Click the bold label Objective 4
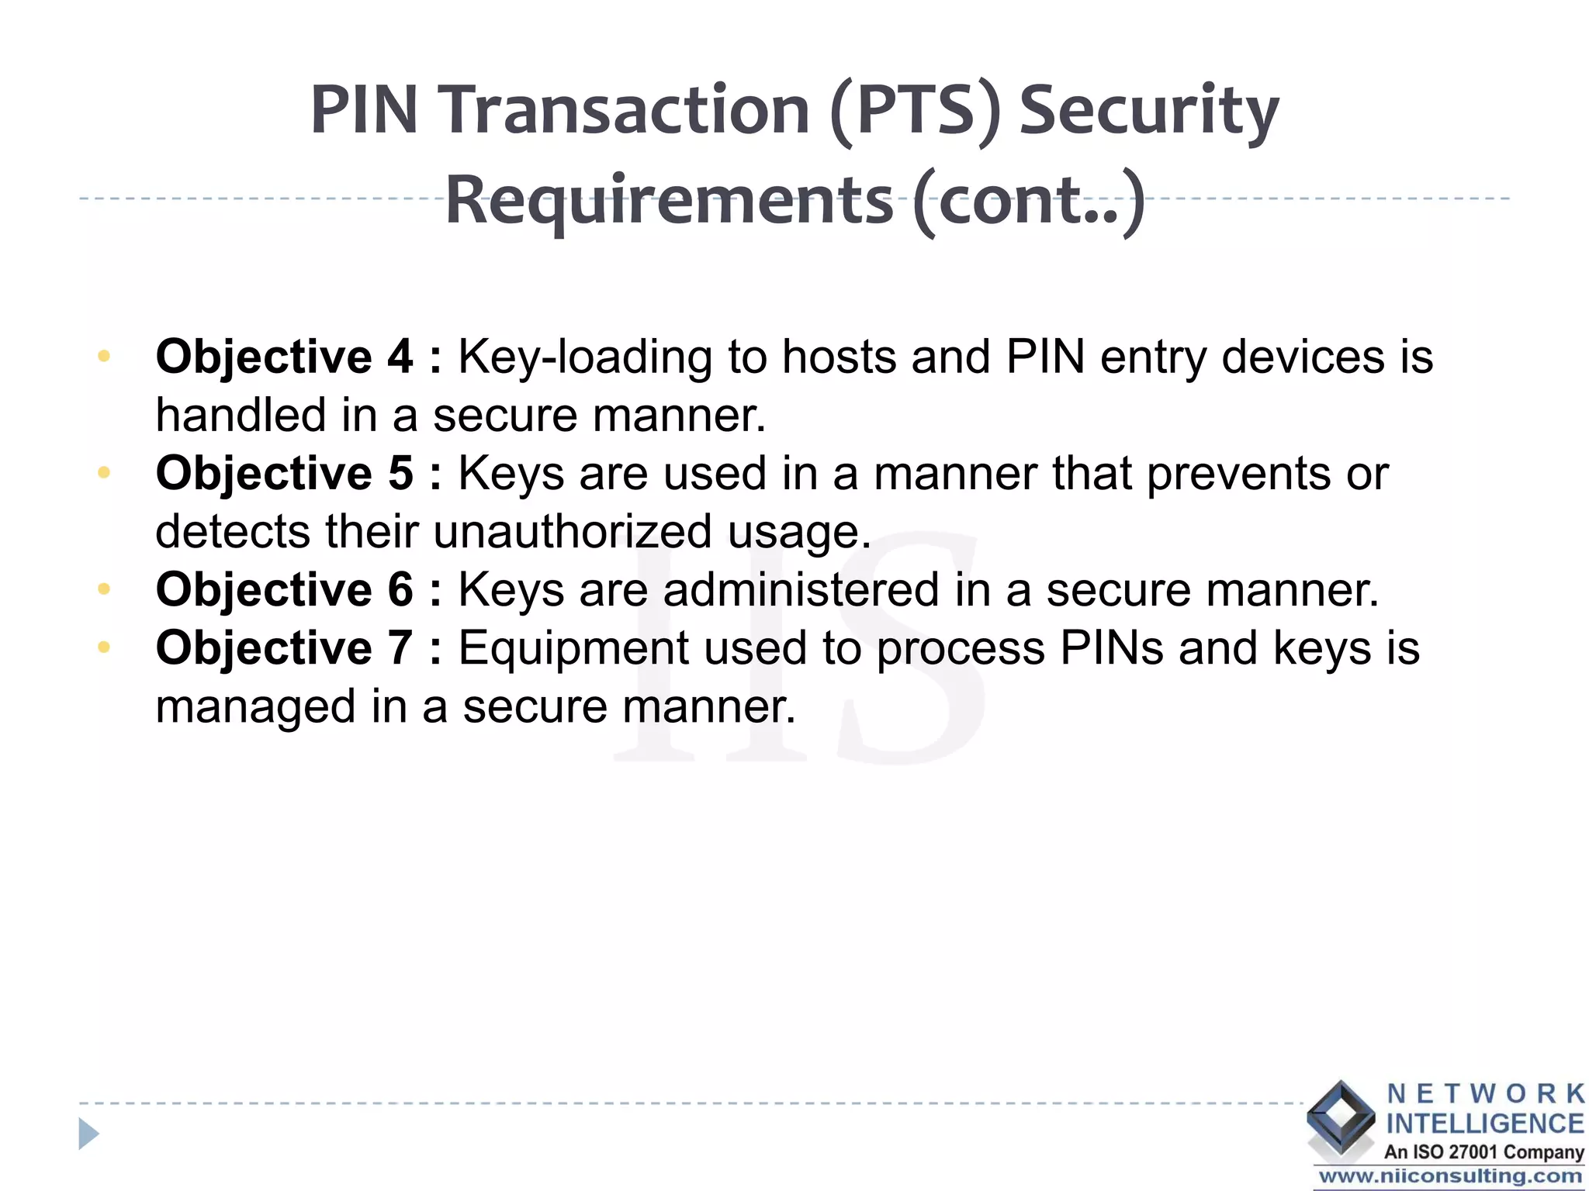click(284, 357)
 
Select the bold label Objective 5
click(284, 474)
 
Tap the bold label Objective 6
click(284, 590)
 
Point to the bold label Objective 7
click(284, 648)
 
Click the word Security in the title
click(1148, 111)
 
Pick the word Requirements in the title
click(669, 201)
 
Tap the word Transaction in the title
click(627, 111)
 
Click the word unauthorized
click(573, 532)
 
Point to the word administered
click(801, 590)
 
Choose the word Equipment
click(573, 648)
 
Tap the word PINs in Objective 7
click(1111, 648)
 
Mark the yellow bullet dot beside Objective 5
click(104, 472)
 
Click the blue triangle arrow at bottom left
click(88, 1134)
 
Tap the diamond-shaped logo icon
click(1340, 1117)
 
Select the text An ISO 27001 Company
click(1483, 1152)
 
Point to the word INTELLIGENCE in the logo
click(1484, 1124)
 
